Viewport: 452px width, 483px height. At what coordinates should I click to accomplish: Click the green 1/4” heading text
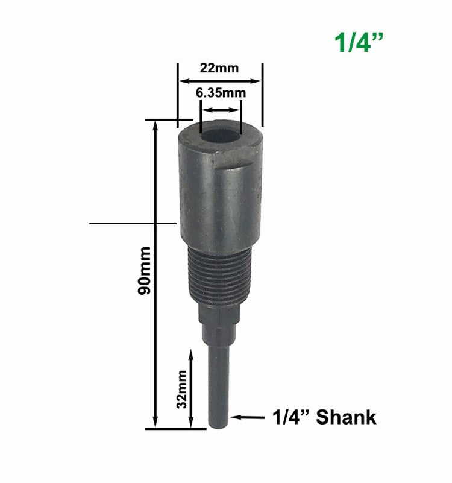coord(359,43)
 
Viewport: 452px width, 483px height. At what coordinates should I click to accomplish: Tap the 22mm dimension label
coord(219,68)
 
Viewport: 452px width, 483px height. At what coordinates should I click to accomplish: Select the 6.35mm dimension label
coord(221,93)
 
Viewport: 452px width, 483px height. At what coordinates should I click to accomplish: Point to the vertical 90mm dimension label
coord(145,271)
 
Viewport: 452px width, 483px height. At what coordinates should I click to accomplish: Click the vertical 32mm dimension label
coord(181,390)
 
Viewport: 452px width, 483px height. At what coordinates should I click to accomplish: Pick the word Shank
coord(346,417)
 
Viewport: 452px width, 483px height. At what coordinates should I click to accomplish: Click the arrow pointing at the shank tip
coord(248,417)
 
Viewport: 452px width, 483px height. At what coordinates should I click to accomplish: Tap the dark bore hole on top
coord(220,136)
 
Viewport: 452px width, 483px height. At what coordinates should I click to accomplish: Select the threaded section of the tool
coord(219,275)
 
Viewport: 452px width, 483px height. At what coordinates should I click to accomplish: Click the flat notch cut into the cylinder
coord(237,158)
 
